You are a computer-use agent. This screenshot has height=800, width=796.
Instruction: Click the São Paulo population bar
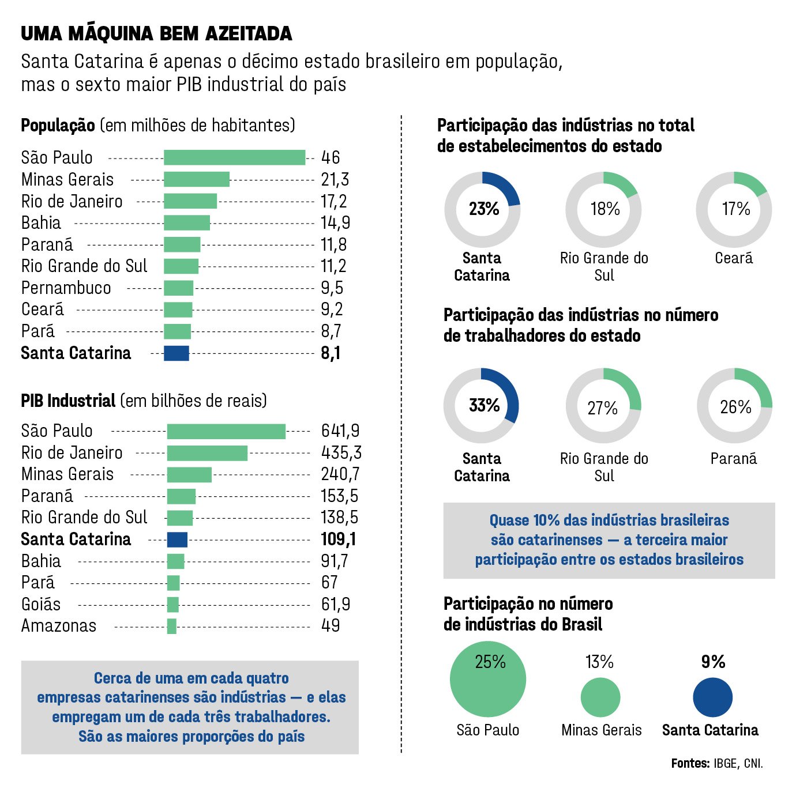pyautogui.click(x=234, y=157)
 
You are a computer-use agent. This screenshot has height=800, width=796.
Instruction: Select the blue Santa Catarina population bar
pyautogui.click(x=177, y=353)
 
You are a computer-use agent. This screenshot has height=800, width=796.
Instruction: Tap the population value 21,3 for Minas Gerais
pyautogui.click(x=335, y=179)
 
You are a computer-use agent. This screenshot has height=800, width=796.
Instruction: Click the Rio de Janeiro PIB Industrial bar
pyautogui.click(x=207, y=453)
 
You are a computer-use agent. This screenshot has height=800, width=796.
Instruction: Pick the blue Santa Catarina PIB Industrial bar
pyautogui.click(x=177, y=539)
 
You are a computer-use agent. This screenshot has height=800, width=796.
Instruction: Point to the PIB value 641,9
pyautogui.click(x=340, y=431)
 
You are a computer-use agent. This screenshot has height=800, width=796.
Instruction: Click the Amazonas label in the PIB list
pyautogui.click(x=59, y=626)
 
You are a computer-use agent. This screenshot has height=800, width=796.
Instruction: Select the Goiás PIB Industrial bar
pyautogui.click(x=173, y=605)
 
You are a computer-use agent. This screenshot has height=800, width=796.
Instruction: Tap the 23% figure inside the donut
pyautogui.click(x=483, y=209)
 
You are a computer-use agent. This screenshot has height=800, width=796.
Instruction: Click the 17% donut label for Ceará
pyautogui.click(x=736, y=209)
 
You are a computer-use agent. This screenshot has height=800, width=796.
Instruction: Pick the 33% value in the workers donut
pyautogui.click(x=484, y=406)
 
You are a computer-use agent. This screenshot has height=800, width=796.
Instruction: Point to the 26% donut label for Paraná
pyautogui.click(x=735, y=407)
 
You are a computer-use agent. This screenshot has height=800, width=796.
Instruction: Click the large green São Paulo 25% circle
pyautogui.click(x=488, y=679)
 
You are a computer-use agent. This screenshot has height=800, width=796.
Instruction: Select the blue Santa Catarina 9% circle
pyautogui.click(x=712, y=697)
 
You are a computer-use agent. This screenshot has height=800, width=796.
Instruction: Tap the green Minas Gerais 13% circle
pyautogui.click(x=600, y=697)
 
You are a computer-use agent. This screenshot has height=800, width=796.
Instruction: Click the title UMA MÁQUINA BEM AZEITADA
pyautogui.click(x=156, y=34)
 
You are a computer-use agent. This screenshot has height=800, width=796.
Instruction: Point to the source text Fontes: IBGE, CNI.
pyautogui.click(x=717, y=764)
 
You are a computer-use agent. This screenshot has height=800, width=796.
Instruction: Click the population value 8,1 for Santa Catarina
pyautogui.click(x=331, y=353)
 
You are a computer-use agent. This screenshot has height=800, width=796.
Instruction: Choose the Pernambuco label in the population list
pyautogui.click(x=66, y=288)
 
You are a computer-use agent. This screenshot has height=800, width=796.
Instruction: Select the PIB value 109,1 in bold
pyautogui.click(x=339, y=539)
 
